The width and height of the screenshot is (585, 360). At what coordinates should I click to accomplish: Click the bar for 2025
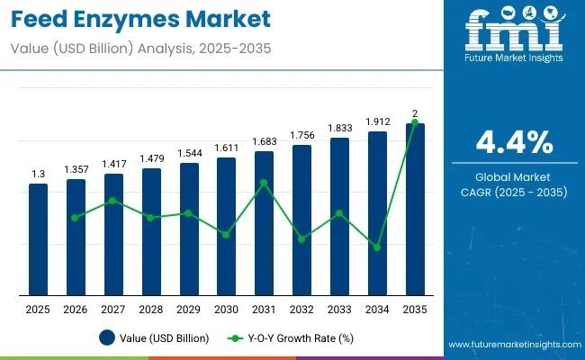[x=38, y=239]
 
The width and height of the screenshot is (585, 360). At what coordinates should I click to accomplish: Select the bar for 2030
[x=226, y=226]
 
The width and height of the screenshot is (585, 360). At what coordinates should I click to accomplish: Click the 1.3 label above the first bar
[x=38, y=174]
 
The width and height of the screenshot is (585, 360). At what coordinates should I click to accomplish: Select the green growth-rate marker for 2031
[x=264, y=183]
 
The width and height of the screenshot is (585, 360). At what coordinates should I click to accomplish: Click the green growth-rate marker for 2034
[x=377, y=247]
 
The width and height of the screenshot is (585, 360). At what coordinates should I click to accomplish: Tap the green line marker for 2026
[x=76, y=217]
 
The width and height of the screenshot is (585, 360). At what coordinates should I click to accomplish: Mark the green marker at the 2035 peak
[x=415, y=123]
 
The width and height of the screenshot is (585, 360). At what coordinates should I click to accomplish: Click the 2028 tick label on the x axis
[x=151, y=310]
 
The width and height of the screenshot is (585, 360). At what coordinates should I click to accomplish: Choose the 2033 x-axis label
[x=339, y=310]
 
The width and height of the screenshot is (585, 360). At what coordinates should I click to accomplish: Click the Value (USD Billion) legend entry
[x=156, y=338]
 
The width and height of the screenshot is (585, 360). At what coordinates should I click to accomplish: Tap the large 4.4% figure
[x=514, y=144]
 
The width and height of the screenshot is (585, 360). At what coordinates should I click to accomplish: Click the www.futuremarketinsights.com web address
[x=513, y=346]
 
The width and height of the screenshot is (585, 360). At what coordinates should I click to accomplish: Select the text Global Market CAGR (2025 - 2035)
[x=514, y=184]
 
